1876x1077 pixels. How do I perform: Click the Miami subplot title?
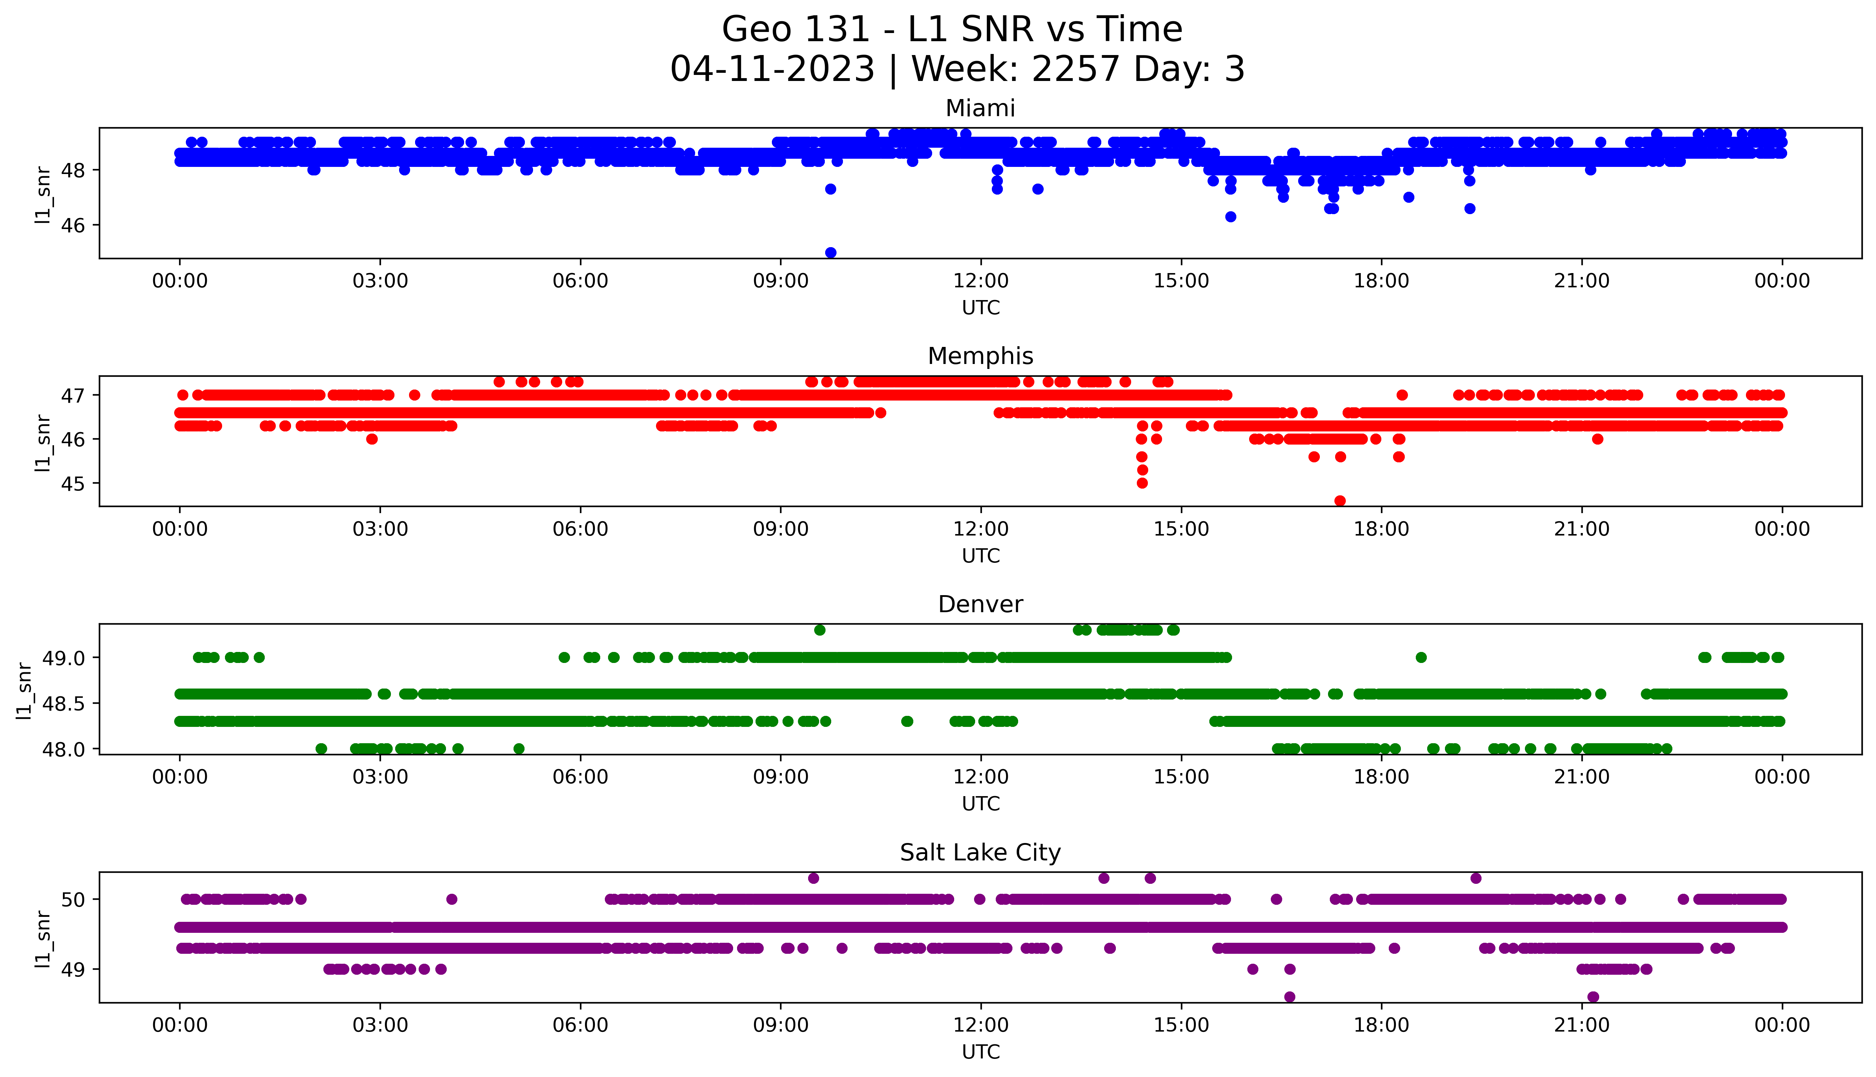coord(980,109)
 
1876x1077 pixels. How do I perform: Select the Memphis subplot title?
coord(980,357)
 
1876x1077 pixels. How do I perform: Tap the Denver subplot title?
coord(980,604)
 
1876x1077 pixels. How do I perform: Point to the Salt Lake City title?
coord(980,853)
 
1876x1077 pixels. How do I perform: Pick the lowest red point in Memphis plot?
coord(1339,501)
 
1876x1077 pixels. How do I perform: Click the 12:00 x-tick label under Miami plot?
coord(980,281)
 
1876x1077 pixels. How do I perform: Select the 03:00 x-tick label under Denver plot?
coord(380,777)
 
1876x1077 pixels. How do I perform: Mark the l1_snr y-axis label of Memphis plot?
coord(43,442)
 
